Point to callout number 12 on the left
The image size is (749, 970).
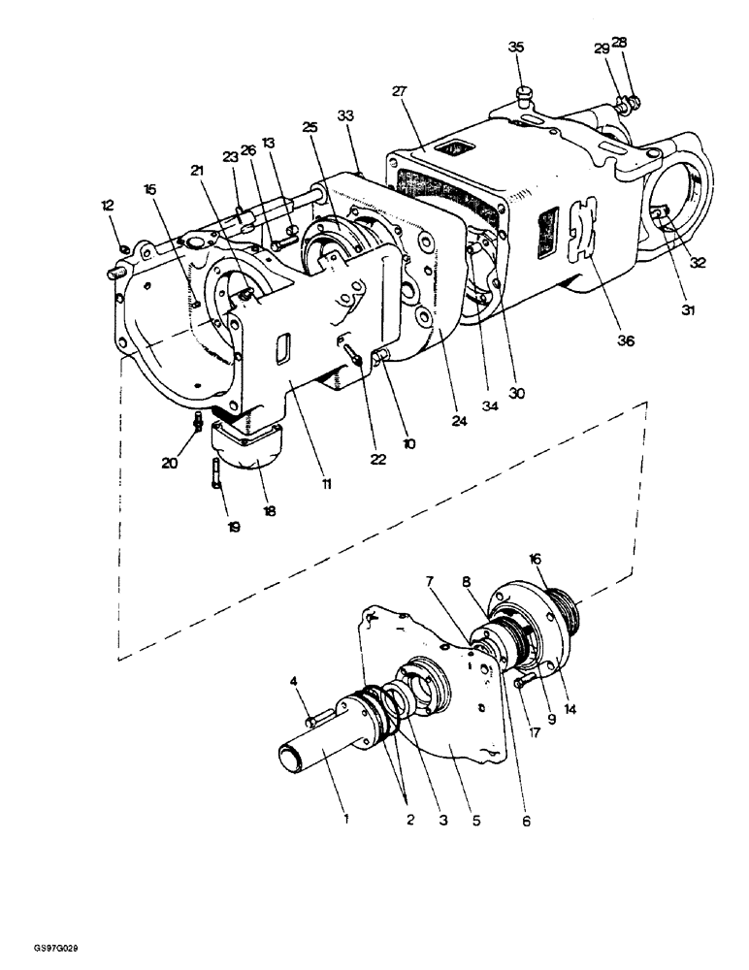tap(107, 205)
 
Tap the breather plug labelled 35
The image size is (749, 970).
tap(525, 93)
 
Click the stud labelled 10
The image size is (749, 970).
tap(381, 359)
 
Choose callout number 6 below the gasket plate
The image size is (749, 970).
tap(526, 820)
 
